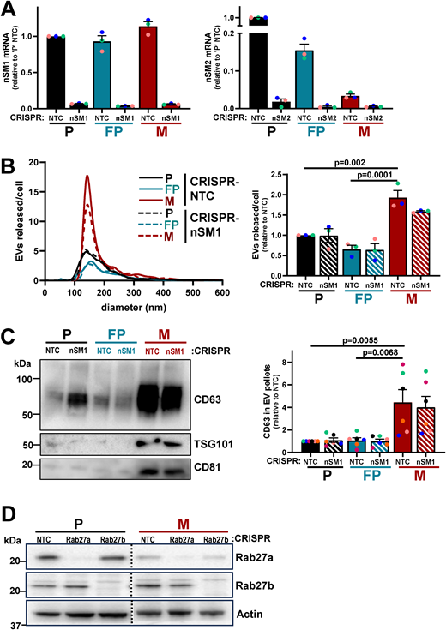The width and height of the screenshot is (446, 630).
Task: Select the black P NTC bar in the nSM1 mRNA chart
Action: coord(56,72)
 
